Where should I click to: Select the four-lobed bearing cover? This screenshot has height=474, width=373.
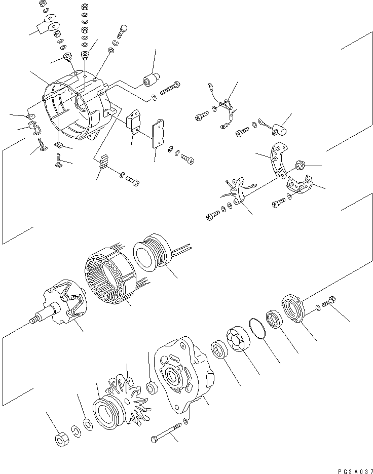point(238,339)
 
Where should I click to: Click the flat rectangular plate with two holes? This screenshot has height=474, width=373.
point(161,134)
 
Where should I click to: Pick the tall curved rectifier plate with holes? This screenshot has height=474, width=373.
point(277,159)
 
